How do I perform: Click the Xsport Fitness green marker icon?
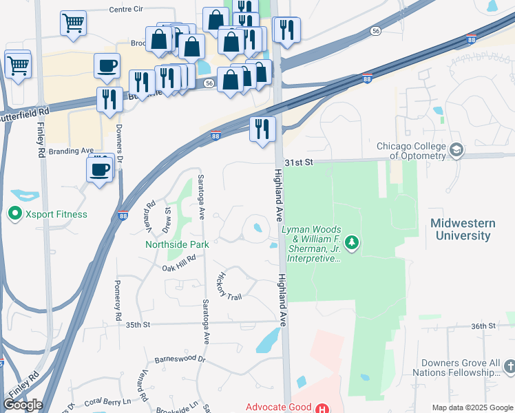click(14, 214)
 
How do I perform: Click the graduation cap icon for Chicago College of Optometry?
click(456, 150)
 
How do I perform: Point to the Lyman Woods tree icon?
click(352, 242)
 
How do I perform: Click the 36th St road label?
click(483, 326)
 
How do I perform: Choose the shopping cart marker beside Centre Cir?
click(73, 23)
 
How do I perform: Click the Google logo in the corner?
click(23, 405)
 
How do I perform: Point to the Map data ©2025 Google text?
click(472, 407)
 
